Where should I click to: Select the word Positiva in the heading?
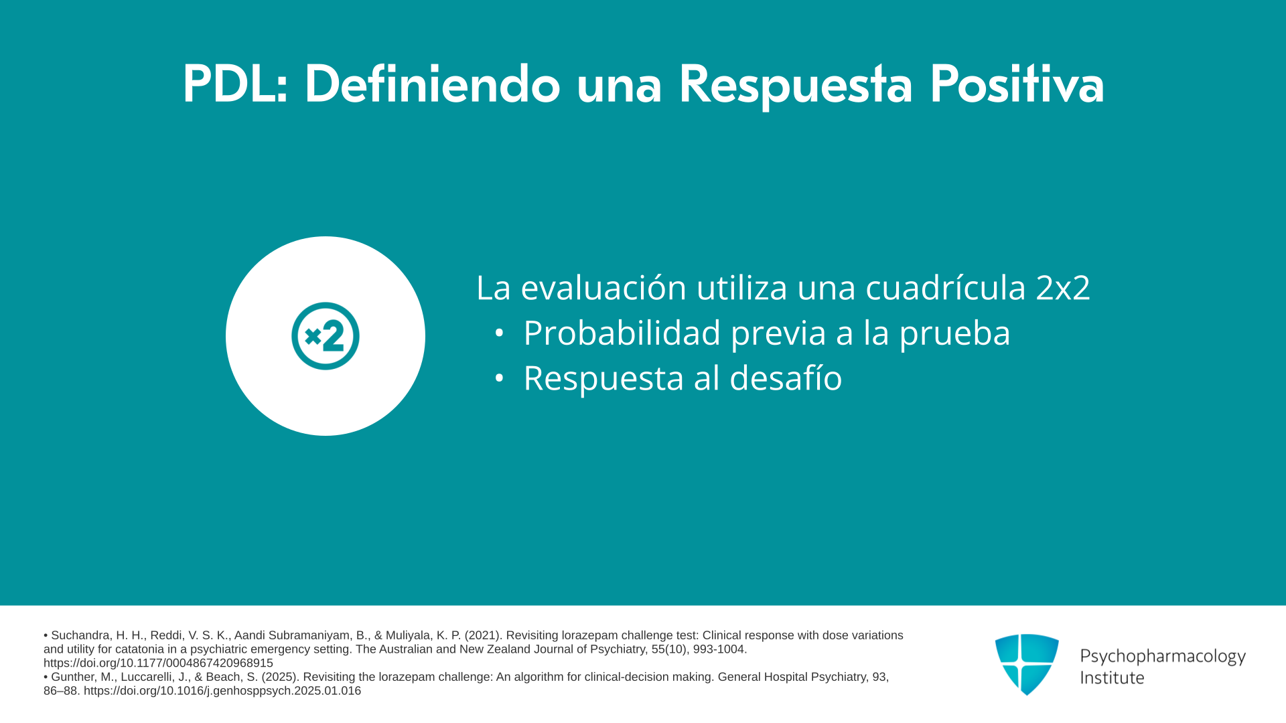click(1017, 84)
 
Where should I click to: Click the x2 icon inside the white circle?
click(326, 336)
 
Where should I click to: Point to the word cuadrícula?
click(946, 287)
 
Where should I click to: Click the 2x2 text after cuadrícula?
click(1063, 288)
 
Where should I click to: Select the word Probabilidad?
click(622, 333)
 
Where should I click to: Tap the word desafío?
click(786, 378)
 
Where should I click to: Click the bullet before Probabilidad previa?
click(499, 333)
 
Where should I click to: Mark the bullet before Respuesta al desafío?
click(499, 378)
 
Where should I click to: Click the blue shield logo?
click(1027, 664)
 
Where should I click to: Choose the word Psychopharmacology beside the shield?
click(1163, 657)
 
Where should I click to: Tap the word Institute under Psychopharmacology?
click(1112, 677)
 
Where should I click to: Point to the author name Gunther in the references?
click(72, 677)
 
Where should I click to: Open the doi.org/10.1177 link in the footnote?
click(158, 663)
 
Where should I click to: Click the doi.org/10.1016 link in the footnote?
click(222, 691)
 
